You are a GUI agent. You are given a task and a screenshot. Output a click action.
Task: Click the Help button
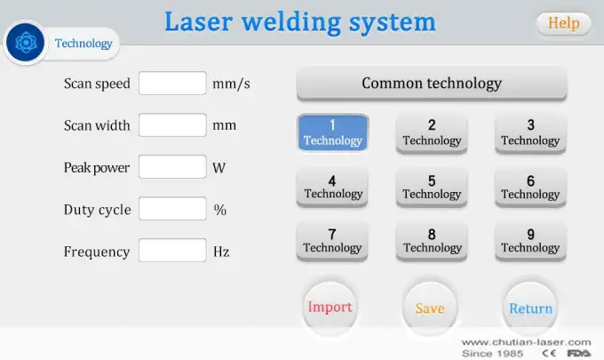coord(563,23)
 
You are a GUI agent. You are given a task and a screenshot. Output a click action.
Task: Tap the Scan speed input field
coord(172,84)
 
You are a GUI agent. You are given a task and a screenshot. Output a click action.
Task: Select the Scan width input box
coord(172,125)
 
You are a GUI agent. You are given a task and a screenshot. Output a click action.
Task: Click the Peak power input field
coord(172,167)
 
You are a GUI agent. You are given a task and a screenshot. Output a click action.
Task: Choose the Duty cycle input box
coord(172,210)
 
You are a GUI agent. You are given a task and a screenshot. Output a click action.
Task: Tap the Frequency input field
coord(172,252)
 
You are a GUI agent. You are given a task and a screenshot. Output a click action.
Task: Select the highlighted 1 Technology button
coord(332,132)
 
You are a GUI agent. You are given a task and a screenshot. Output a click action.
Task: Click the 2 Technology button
coord(432,132)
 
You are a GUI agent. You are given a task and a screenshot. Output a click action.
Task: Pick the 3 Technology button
coord(530,132)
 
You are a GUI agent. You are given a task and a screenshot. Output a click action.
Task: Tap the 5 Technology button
coord(432,187)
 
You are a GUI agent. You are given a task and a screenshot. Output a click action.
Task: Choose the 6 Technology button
coord(530,187)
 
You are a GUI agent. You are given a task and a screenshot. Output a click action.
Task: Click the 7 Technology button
coord(332,240)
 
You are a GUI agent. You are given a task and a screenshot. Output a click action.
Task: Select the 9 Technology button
coord(530,240)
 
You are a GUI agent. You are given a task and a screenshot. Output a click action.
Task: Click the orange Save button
coord(430,308)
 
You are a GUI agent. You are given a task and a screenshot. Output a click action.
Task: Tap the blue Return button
coord(530,308)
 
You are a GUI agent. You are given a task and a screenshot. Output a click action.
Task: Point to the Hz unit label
coord(221,252)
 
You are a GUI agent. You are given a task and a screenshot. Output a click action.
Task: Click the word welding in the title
coord(300,21)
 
